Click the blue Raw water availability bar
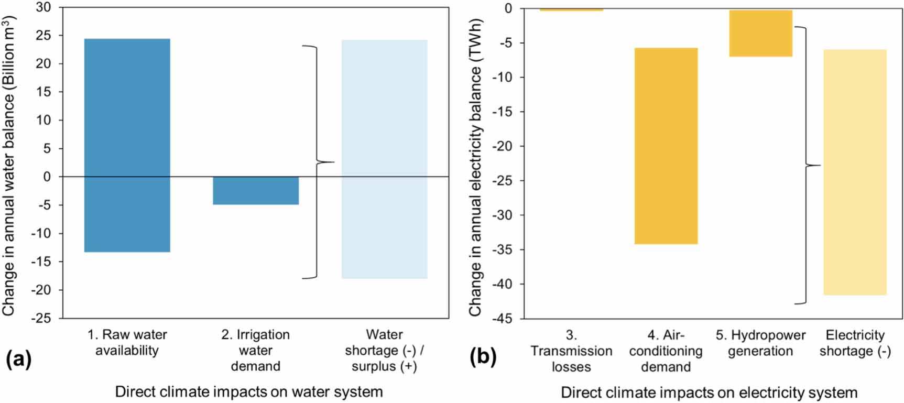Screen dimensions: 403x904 click(x=127, y=145)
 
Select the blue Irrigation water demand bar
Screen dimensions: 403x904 click(x=256, y=190)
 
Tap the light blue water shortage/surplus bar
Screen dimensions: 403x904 click(x=384, y=159)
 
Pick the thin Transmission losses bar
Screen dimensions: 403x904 click(x=571, y=9)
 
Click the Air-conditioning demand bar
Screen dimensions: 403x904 click(x=666, y=146)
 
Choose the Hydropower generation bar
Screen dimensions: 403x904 click(x=760, y=33)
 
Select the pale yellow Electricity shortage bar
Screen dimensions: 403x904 click(x=855, y=172)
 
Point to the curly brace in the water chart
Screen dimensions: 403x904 click(x=318, y=162)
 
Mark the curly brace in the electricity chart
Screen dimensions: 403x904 click(x=806, y=165)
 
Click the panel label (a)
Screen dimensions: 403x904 click(x=18, y=359)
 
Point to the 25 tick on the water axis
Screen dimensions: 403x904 click(x=43, y=36)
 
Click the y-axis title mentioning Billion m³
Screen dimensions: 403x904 click(x=9, y=165)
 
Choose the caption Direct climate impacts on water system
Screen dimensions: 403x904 click(x=249, y=391)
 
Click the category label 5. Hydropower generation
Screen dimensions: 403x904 click(x=760, y=343)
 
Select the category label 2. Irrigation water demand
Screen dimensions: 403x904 click(x=256, y=350)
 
